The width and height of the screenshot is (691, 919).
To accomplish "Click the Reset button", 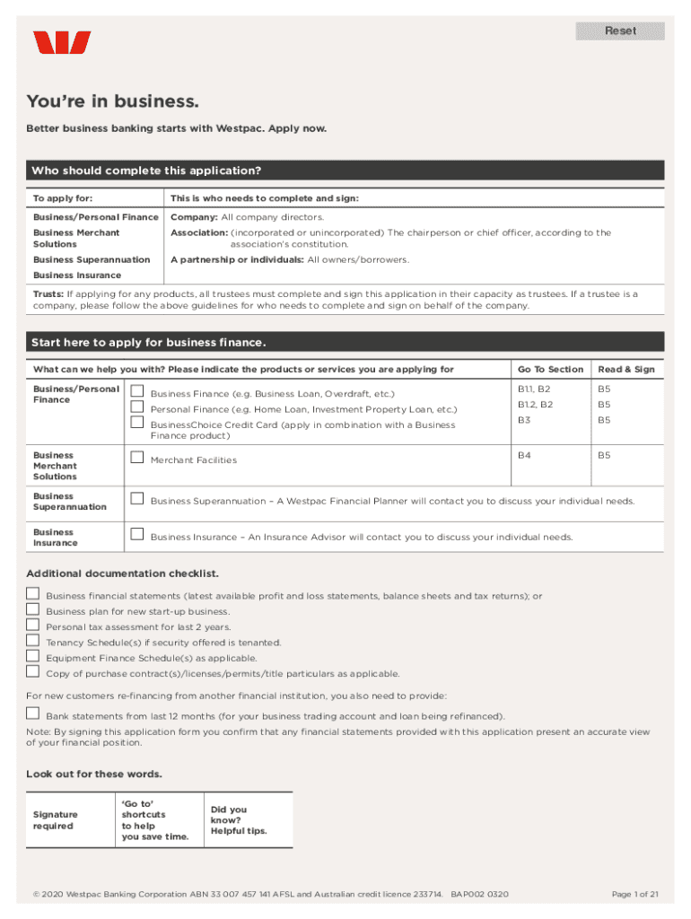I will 620,31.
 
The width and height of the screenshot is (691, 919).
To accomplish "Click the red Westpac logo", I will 62,43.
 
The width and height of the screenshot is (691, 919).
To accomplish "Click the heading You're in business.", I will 112,101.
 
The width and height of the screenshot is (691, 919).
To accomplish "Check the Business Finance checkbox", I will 137,390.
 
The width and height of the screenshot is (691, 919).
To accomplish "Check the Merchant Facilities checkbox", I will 137,457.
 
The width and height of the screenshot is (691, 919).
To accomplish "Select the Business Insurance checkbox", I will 137,534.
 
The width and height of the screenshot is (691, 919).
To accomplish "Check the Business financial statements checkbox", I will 33,593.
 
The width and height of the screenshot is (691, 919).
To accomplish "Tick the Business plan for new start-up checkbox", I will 33,608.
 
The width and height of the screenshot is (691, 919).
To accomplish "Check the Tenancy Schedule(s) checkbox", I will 33,640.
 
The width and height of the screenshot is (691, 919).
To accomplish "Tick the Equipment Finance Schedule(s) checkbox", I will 33,655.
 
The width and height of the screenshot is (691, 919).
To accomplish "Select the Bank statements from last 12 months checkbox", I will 33,713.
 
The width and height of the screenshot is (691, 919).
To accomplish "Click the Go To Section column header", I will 550,370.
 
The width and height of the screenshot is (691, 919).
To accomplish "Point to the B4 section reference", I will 524,456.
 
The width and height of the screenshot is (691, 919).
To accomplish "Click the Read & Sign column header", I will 626,370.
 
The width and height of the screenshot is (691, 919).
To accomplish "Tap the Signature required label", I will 54,820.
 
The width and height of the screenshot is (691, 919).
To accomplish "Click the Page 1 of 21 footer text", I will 634,895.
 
